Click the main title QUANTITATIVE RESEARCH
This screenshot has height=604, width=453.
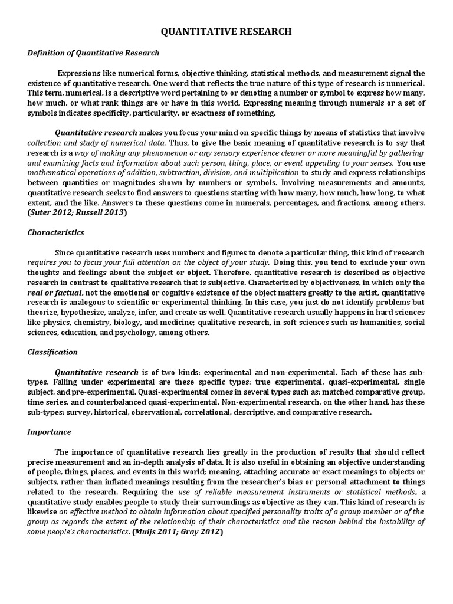point(226,32)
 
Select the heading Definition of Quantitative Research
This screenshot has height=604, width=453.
point(93,53)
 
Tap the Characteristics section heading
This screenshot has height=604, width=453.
point(56,233)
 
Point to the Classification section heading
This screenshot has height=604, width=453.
point(52,352)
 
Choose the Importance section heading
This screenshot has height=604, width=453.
point(50,432)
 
